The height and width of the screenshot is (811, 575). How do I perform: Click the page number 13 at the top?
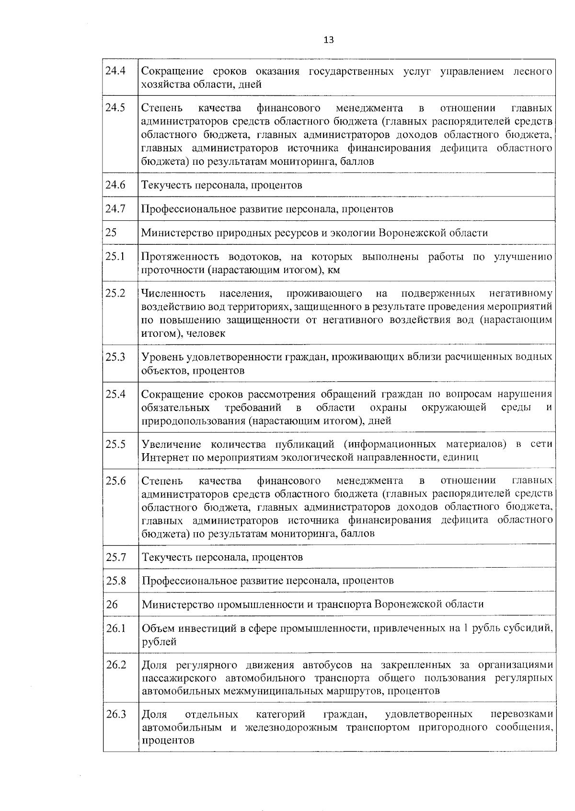click(x=329, y=40)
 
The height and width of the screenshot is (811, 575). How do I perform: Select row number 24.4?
click(x=115, y=71)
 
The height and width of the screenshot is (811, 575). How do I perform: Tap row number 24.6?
click(x=115, y=185)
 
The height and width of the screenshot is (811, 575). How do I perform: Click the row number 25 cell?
click(x=111, y=233)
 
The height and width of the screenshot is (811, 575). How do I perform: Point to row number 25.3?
click(x=115, y=357)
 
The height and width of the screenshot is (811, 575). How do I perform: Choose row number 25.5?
click(x=115, y=444)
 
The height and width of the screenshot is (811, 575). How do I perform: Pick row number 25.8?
click(x=116, y=581)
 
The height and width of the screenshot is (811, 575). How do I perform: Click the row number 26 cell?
click(x=112, y=604)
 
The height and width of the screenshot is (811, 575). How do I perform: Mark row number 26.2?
click(x=116, y=665)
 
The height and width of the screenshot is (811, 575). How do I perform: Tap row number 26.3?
click(x=116, y=715)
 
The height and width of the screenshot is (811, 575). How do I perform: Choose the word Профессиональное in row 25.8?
click(x=184, y=581)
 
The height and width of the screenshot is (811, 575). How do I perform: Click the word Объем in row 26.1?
click(x=157, y=628)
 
